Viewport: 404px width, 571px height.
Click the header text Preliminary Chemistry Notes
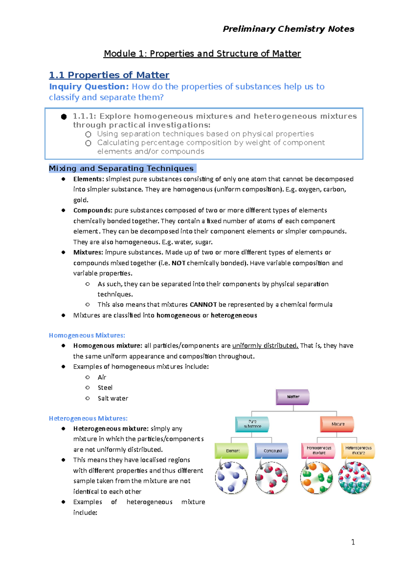(288, 29)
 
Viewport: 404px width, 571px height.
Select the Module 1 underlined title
(202, 53)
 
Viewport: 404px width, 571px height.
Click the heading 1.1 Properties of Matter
(109, 75)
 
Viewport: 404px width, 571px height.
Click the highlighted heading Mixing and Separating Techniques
(122, 168)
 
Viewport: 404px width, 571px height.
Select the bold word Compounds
(93, 211)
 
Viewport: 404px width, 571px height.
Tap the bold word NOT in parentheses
(178, 263)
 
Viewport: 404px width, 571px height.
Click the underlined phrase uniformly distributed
(265, 346)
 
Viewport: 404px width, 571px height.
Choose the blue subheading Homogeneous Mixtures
(87, 335)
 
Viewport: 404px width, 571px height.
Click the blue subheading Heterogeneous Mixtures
(88, 418)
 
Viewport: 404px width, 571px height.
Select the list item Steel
(105, 388)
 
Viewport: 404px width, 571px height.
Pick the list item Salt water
(113, 398)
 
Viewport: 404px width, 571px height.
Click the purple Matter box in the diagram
(293, 397)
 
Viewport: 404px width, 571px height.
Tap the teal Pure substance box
(252, 424)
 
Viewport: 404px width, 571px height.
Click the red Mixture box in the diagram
(337, 424)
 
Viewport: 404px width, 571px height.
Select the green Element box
(232, 451)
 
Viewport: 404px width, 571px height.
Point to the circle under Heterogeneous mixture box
(355, 478)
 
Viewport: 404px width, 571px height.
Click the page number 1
(353, 542)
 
